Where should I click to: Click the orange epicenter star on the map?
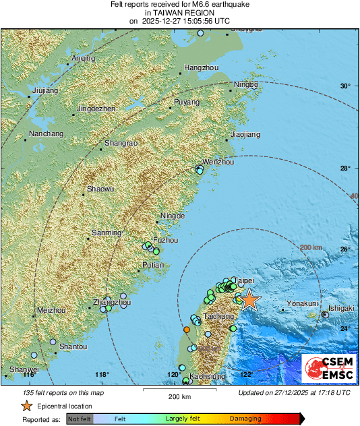coord(249,299)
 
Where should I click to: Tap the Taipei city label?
coord(242,279)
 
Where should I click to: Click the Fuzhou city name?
coord(166,240)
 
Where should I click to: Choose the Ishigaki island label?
coord(341,308)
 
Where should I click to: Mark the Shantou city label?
coord(73,346)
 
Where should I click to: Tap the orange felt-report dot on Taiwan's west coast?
coord(187,329)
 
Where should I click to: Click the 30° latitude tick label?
coord(346,86)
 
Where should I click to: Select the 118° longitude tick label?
coord(102,375)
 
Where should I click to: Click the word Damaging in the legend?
coord(245,419)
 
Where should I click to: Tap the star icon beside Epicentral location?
coord(26,406)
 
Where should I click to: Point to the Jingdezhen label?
coord(97,109)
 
